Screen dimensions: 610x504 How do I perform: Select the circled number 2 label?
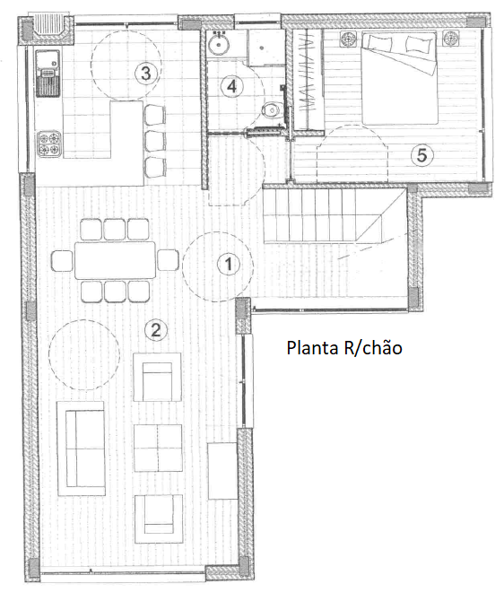pos(156,330)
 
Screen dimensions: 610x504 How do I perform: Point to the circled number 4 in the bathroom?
pos(231,86)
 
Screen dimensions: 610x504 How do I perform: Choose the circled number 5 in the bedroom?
pos(422,154)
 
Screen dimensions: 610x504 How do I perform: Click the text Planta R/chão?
pos(343,347)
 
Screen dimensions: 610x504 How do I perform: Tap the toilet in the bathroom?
pos(268,110)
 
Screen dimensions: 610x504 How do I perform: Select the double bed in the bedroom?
pos(398,76)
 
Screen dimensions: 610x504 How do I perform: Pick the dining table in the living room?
pos(113,261)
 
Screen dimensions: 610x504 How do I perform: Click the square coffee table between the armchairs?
pos(157,447)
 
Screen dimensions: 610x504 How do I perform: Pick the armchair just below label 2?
pos(157,377)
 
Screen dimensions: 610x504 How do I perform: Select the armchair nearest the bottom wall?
pos(157,518)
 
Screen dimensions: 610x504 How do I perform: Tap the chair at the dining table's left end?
pos(62,261)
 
